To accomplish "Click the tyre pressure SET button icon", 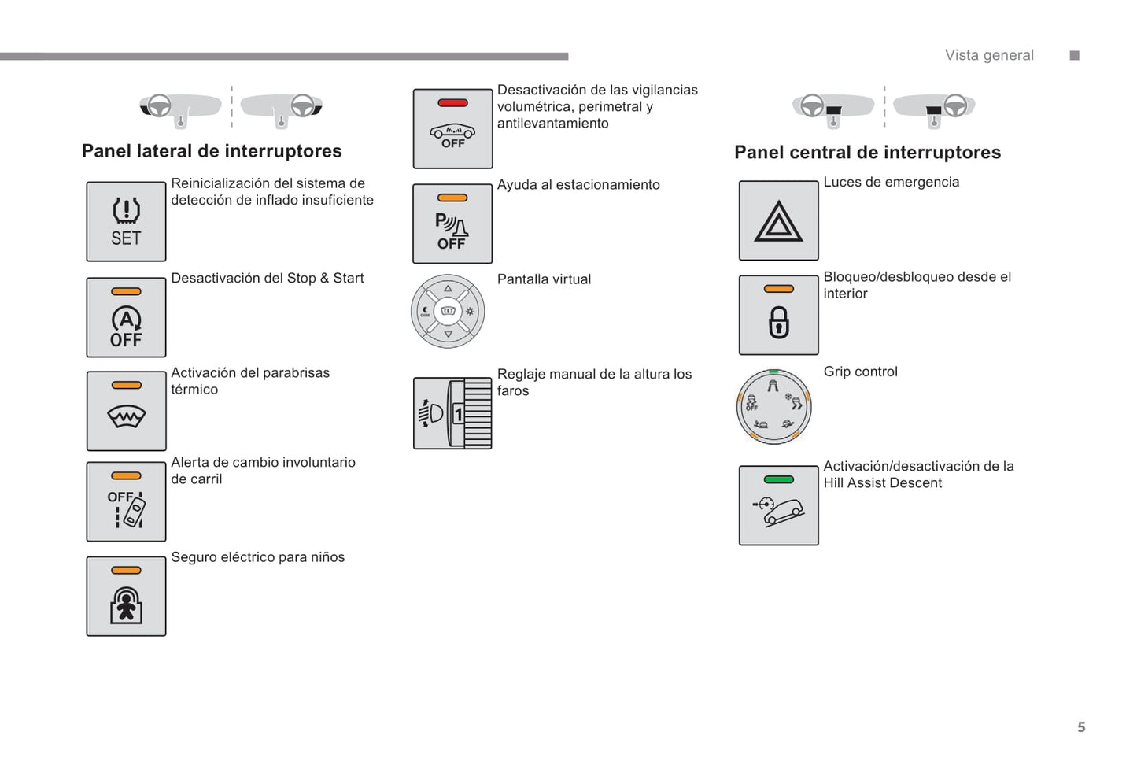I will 126,222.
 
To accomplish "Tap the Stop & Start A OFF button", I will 126,317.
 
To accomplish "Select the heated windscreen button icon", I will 126,411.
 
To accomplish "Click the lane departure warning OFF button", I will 126,501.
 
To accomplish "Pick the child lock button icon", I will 126,596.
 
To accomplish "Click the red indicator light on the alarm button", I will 452,103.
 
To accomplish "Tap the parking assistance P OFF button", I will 452,224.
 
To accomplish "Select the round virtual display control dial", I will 448,312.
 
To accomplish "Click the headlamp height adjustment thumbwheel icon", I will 452,413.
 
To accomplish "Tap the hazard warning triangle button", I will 778,220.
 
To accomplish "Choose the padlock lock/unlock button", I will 778,315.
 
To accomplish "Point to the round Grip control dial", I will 773,406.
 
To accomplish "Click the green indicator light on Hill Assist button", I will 778,479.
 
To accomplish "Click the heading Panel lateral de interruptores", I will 212,151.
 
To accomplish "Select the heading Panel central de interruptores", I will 867,153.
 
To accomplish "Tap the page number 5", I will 1081,727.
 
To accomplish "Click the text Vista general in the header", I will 989,55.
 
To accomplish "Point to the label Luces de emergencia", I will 891,183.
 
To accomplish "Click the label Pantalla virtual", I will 544,279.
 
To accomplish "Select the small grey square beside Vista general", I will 1075,55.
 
